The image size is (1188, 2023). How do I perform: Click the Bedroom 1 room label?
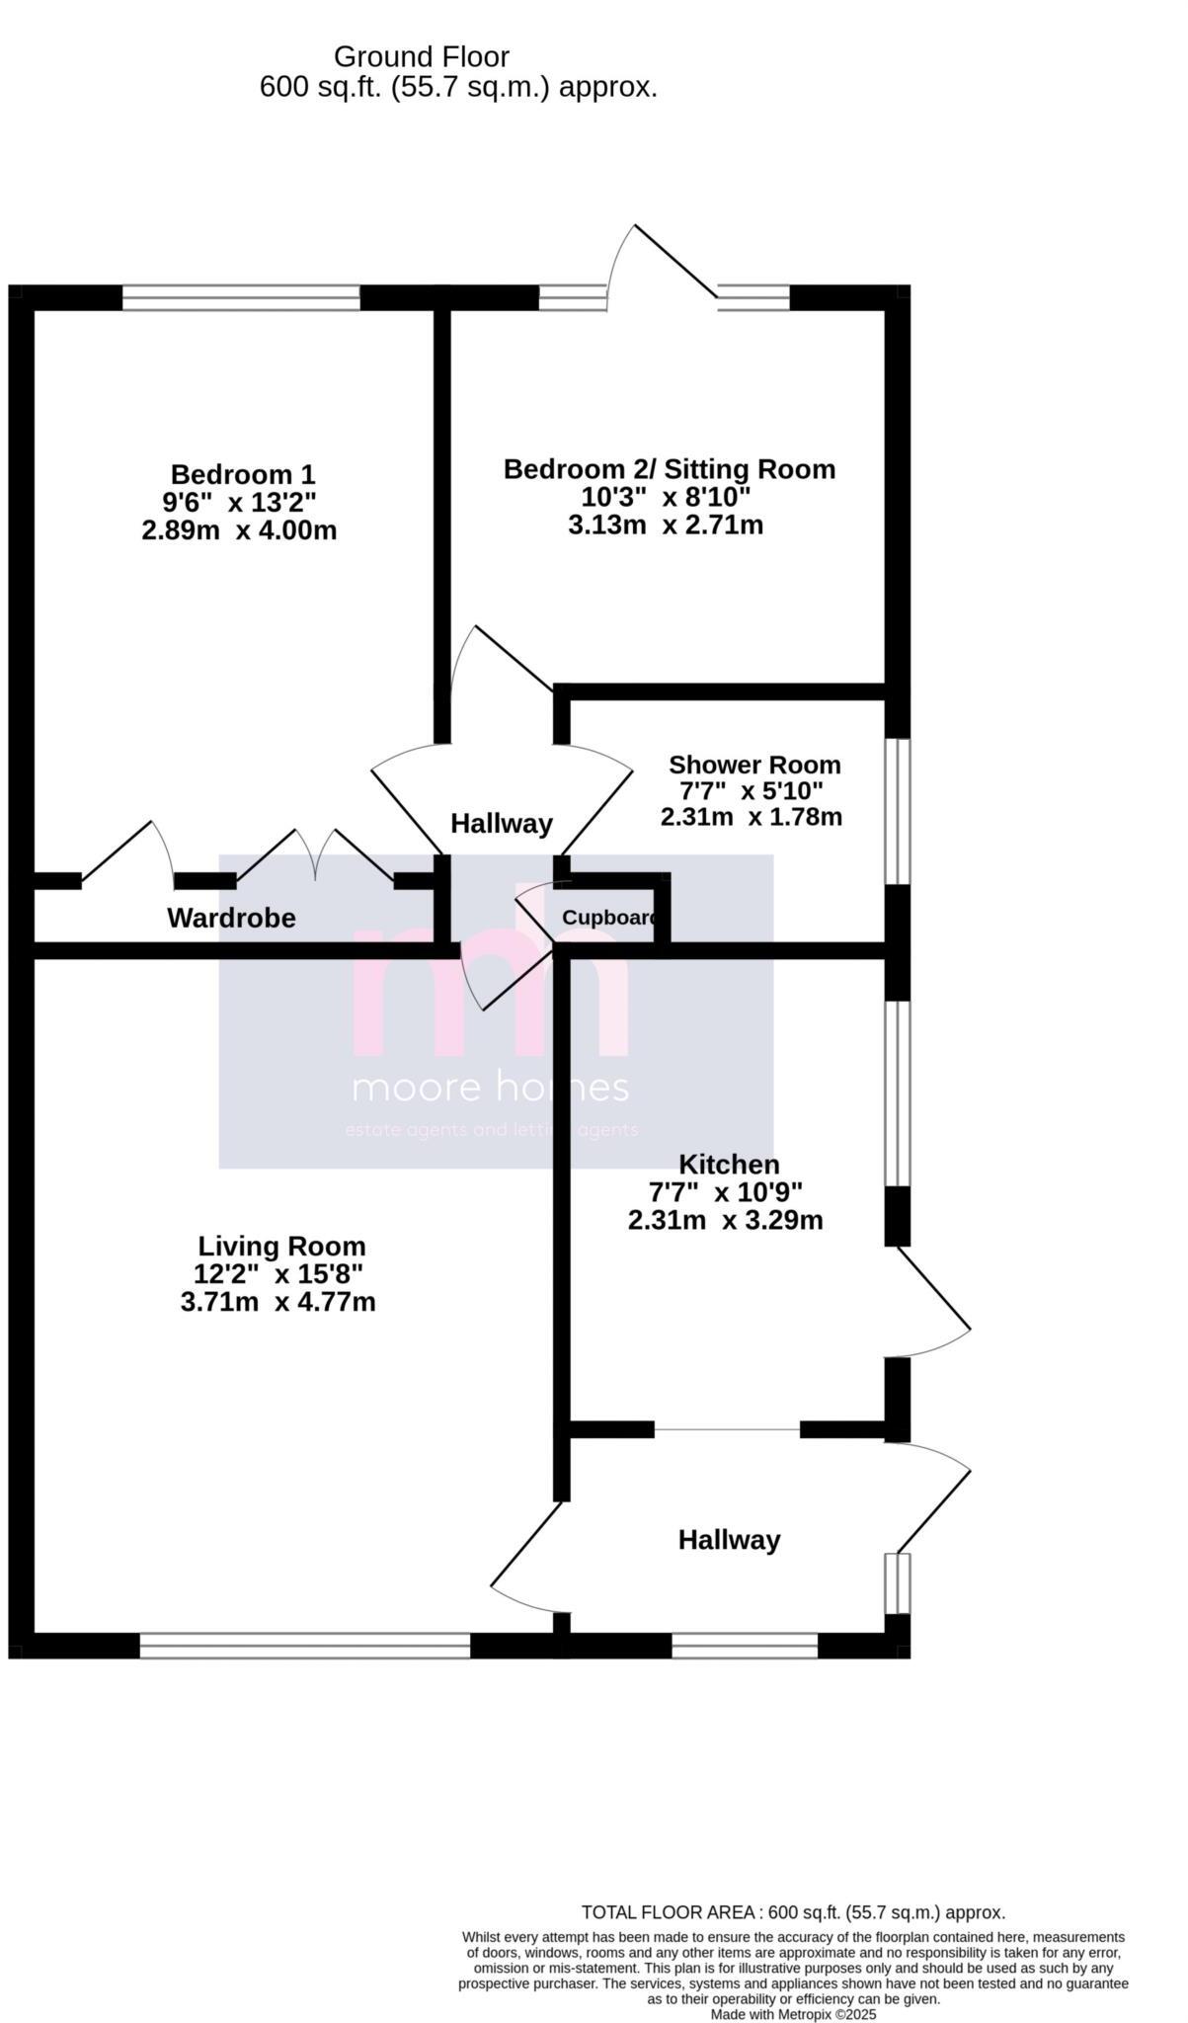coord(242,474)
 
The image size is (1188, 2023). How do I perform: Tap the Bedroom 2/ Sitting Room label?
coord(669,469)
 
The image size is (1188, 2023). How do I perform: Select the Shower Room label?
coord(754,765)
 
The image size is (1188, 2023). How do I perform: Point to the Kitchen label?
coord(729,1165)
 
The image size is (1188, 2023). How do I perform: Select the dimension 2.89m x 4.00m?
coord(239,530)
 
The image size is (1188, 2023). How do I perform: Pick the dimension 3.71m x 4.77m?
coord(277,1302)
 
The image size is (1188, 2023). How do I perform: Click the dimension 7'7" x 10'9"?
coord(725,1192)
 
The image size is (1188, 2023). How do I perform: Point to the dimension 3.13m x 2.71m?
coord(665,525)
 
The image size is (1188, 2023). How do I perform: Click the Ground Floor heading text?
coord(422,56)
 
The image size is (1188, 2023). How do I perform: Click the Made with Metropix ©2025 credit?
coord(793,2014)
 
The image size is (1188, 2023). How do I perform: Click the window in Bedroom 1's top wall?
coord(241,297)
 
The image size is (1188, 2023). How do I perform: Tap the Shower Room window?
coord(897,811)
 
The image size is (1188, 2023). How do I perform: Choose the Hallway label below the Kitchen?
coord(729,1539)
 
